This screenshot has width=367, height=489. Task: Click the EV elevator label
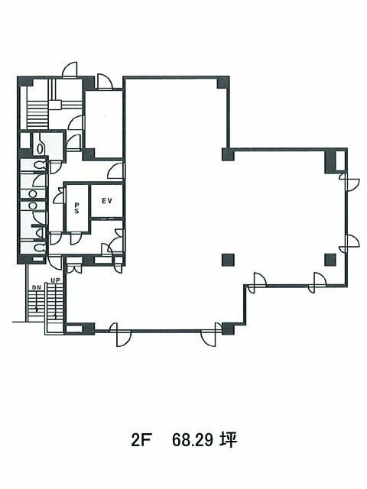pos(107,201)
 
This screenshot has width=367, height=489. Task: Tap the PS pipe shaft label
pos(76,208)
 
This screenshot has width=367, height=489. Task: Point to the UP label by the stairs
pos(55,280)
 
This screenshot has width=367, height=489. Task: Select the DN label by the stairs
pos(36,288)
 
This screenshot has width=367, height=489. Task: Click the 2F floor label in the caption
pos(141,440)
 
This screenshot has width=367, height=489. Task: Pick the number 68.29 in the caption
pos(193,440)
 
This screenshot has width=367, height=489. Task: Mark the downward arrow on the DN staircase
pos(37,300)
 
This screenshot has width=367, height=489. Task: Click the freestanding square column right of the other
pos(330,260)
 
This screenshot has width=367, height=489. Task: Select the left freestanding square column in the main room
pos(228,260)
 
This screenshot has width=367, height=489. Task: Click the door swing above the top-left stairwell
pos(70,70)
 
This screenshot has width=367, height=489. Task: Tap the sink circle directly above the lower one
pos(32,194)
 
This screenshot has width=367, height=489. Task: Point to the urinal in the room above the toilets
pos(40,147)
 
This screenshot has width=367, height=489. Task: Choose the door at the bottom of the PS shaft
pos(75,238)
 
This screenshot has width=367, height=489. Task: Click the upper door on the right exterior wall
pos(349,182)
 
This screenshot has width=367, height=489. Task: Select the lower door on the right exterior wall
pos(349,243)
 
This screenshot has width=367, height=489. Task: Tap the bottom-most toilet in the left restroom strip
pos(40,248)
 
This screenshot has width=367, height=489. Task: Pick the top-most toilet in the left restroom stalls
pos(40,164)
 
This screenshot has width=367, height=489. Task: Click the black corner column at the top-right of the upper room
pos(223,83)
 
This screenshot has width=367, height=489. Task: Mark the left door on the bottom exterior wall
pos(120,335)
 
